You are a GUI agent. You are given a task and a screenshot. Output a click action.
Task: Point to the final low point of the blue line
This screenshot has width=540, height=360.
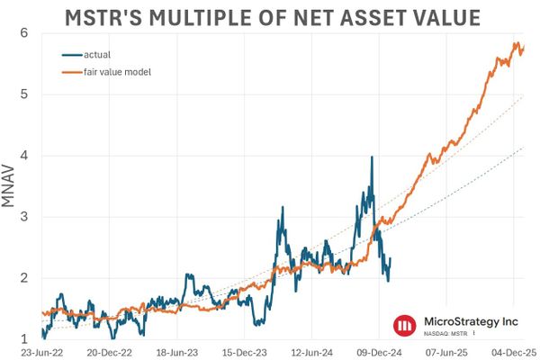(388, 281)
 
